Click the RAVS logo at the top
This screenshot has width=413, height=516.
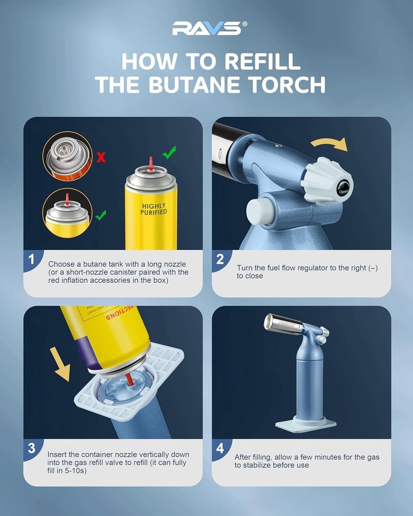click(x=206, y=28)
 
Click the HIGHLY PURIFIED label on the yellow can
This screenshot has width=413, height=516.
click(x=154, y=209)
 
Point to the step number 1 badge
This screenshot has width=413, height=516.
click(x=32, y=260)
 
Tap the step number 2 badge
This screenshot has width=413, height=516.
click(x=220, y=260)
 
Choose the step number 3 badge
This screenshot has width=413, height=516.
click(x=32, y=448)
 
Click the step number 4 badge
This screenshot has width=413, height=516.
click(x=220, y=448)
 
